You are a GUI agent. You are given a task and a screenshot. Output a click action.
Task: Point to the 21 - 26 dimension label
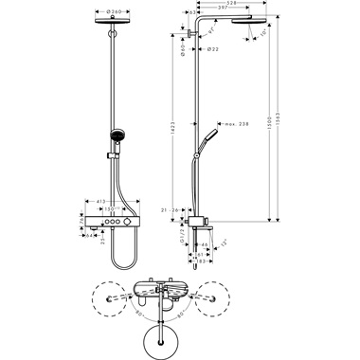171,210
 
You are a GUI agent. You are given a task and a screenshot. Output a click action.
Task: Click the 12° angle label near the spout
225,249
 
